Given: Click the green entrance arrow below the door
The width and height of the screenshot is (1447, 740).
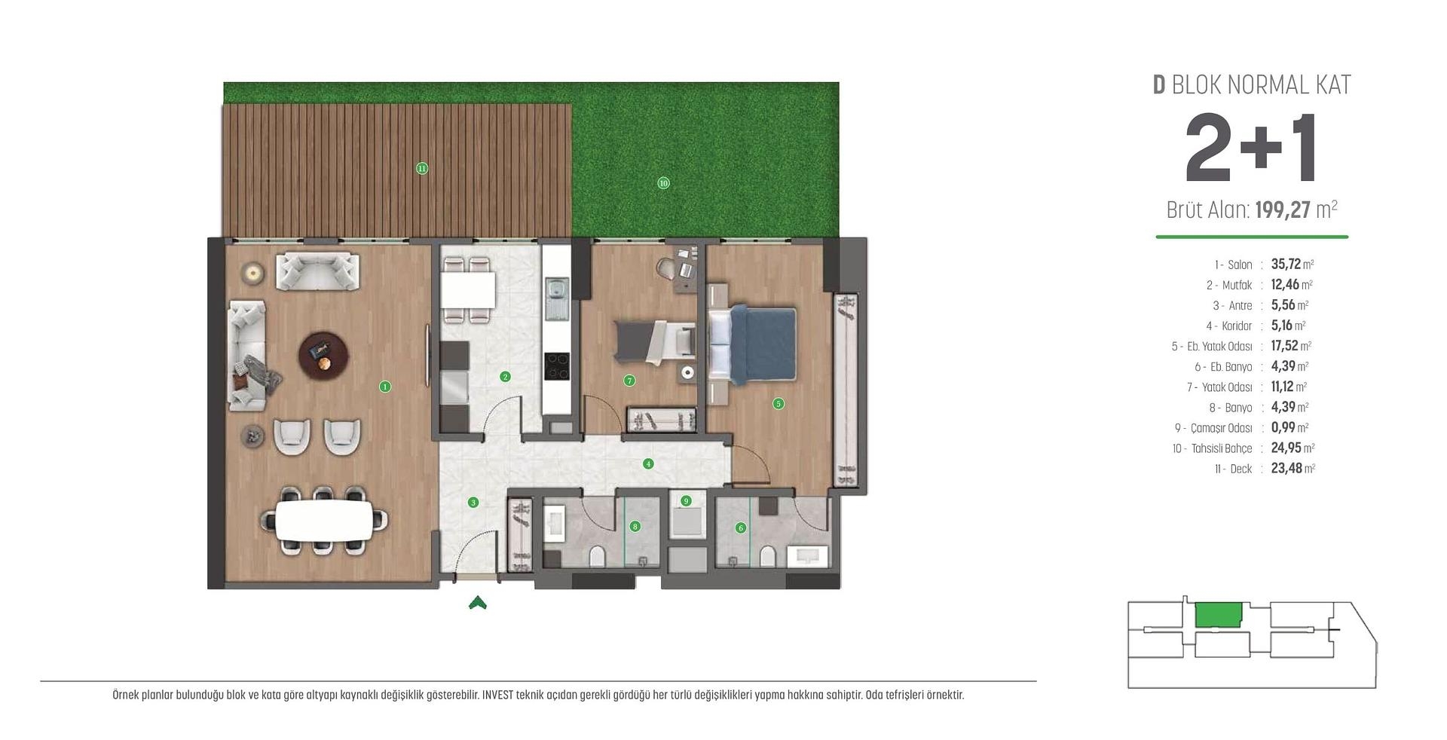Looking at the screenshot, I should click(x=477, y=602).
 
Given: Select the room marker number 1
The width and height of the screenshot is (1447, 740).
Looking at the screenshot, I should click(x=385, y=387).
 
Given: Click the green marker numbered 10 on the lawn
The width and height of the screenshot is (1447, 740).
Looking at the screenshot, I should click(x=663, y=183).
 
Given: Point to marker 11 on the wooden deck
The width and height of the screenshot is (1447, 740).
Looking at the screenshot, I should click(x=422, y=169).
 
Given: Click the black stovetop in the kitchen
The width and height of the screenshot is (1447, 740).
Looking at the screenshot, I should click(x=557, y=367).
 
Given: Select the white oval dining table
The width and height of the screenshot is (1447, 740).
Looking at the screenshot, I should click(x=324, y=520).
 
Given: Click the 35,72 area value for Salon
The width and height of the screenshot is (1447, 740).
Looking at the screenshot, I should click(x=1286, y=264).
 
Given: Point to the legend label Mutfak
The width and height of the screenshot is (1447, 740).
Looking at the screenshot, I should click(x=1237, y=285).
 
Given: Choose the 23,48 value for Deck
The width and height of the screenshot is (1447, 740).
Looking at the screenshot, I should click(x=1286, y=468).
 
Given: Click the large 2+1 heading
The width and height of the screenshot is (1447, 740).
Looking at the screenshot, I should click(x=1251, y=149).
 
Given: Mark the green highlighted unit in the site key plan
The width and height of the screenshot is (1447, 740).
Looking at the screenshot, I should click(x=1218, y=615).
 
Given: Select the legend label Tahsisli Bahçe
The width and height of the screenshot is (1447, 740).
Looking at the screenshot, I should click(x=1221, y=448).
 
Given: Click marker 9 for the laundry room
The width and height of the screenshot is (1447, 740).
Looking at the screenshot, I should click(x=686, y=500).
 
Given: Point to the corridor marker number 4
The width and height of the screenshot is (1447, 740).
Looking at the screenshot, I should click(x=648, y=464).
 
